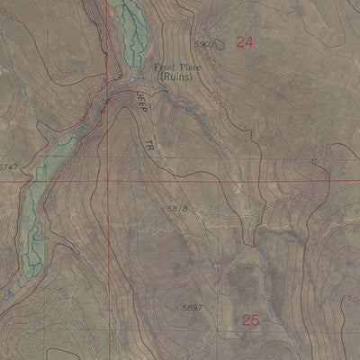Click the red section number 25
pyautogui.click(x=251, y=319)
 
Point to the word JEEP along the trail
pyautogui.click(x=139, y=102)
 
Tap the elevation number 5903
pyautogui.click(x=205, y=43)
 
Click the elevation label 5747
pyautogui.click(x=8, y=168)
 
